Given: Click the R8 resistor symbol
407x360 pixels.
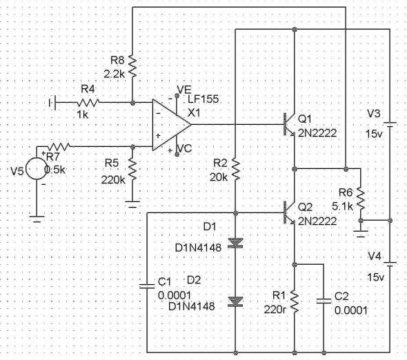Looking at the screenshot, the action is [x=132, y=66].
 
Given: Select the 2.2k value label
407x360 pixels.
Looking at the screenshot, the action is [x=115, y=74].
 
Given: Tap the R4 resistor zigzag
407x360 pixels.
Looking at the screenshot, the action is [x=88, y=102].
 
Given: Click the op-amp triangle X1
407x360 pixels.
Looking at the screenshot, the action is [x=172, y=125].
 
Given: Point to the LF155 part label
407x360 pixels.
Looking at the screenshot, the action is [x=203, y=99].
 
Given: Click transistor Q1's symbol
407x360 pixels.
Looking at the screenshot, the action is [x=289, y=125].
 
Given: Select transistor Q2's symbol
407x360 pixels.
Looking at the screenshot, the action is [x=289, y=213].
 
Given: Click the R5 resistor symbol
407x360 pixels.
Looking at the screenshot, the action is [x=132, y=170].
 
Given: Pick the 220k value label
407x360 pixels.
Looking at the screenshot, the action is [x=113, y=179].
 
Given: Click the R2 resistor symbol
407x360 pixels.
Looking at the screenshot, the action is [x=235, y=170].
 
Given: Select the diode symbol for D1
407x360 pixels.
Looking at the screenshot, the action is [x=235, y=243].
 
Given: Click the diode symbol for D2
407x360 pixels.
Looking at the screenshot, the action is [x=235, y=302].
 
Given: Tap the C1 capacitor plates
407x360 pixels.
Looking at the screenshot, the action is [x=147, y=286].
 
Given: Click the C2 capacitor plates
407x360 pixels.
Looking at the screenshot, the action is [x=324, y=301].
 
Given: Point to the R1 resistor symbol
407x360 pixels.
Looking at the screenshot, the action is [x=295, y=301].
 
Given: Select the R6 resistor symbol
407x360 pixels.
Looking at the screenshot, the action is [x=361, y=199].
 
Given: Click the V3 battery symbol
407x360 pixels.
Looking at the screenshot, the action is [x=390, y=125].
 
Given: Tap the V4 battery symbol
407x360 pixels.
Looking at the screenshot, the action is [x=390, y=265].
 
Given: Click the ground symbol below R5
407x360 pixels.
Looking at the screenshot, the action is [x=132, y=204].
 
